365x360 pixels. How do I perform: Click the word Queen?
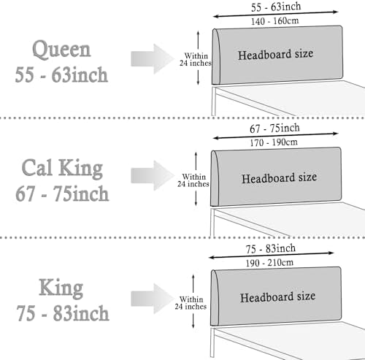[x=61, y=50]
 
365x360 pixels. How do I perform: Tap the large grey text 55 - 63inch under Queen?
[x=61, y=74]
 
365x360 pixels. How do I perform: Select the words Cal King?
[x=62, y=168]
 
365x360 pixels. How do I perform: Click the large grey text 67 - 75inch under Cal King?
[x=62, y=194]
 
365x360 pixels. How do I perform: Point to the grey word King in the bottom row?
[x=61, y=288]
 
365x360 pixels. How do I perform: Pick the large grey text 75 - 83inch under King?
[x=63, y=313]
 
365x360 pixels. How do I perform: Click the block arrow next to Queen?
[x=153, y=59]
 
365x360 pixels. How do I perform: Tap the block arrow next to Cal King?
[x=153, y=175]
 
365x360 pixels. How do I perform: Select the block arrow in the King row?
[x=153, y=299]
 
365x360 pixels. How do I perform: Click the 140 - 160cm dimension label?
[x=275, y=21]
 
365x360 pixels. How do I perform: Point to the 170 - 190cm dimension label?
[x=274, y=142]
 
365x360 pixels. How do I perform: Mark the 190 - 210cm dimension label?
[x=269, y=263]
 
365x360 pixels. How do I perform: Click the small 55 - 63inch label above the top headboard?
[x=276, y=7]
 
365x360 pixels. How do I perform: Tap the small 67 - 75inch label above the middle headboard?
[x=274, y=129]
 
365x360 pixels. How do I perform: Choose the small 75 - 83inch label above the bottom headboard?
[x=271, y=249]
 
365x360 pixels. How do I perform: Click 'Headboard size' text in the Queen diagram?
[x=275, y=55]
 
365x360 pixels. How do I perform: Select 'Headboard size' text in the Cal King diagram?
[x=279, y=178]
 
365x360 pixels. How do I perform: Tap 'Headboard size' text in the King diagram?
[x=277, y=297]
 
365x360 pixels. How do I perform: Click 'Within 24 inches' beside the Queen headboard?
[x=196, y=59]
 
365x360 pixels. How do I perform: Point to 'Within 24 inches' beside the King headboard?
[x=191, y=303]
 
